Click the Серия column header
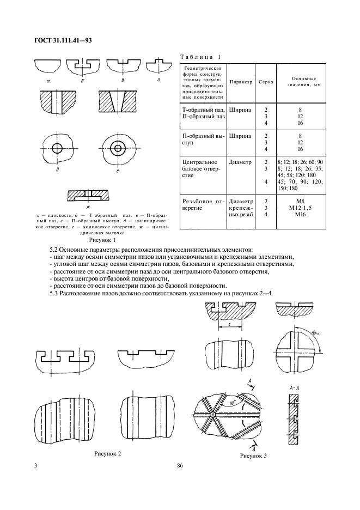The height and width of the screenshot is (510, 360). click(265, 82)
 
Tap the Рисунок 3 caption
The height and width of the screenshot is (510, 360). click(253, 457)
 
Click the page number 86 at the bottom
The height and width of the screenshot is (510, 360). click(180, 466)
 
